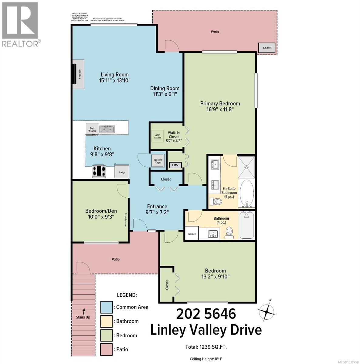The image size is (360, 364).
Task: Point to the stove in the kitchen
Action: (x=99, y=172)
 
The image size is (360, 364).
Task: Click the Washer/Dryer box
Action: (x=158, y=161)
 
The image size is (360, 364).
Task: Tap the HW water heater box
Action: (x=175, y=165)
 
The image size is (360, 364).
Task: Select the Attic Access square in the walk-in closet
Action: (x=158, y=136)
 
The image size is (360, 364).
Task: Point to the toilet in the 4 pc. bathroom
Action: (x=229, y=232)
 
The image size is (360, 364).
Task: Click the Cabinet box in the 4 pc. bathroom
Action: (x=192, y=234)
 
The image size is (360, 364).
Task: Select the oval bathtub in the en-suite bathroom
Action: (x=246, y=193)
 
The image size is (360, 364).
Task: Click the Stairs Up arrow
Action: (x=84, y=311)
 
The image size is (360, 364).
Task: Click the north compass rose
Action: (x=266, y=311)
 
